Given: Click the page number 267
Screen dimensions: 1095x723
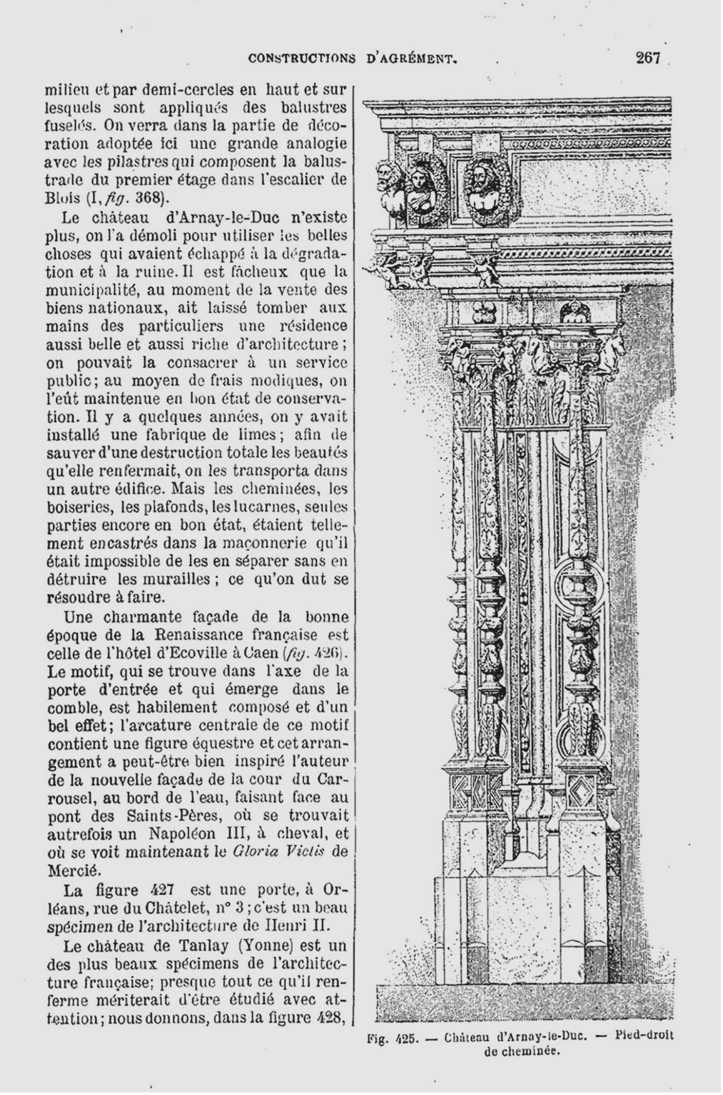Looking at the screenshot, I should [648, 58].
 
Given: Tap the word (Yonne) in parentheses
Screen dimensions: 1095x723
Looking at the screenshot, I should [256, 946].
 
